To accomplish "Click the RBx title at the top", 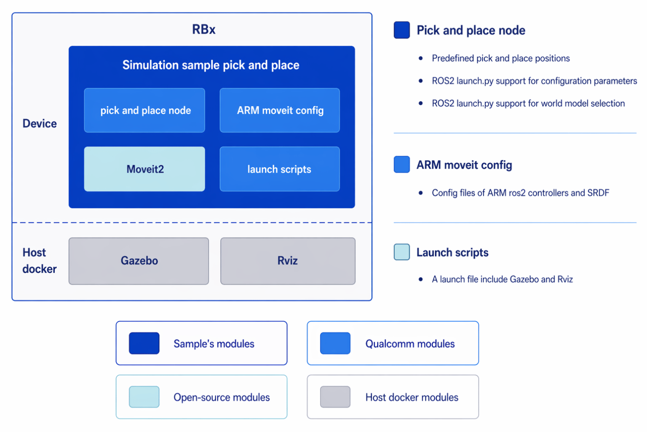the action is [x=203, y=30].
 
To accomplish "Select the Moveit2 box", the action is [x=144, y=169].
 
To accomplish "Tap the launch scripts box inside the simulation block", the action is [x=280, y=169].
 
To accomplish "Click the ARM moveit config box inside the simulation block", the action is [x=280, y=110].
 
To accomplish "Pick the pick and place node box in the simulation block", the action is [x=144, y=110].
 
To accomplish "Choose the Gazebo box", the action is [x=139, y=261].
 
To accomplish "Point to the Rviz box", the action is [x=288, y=261].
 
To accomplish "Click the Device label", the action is [x=40, y=124].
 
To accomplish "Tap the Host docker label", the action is [x=40, y=261].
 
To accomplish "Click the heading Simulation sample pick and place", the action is [x=211, y=65].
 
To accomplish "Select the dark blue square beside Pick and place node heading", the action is [x=402, y=30].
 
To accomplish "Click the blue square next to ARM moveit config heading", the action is [x=402, y=165].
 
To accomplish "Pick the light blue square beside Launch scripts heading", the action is [x=402, y=252].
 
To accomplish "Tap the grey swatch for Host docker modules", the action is [x=335, y=397].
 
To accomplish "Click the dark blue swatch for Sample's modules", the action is [x=144, y=343].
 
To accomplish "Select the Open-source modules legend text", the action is [x=222, y=397].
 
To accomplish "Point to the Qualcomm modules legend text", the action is [x=410, y=344].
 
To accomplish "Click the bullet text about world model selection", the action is [x=528, y=103].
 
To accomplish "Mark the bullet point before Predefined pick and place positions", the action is [x=420, y=59].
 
